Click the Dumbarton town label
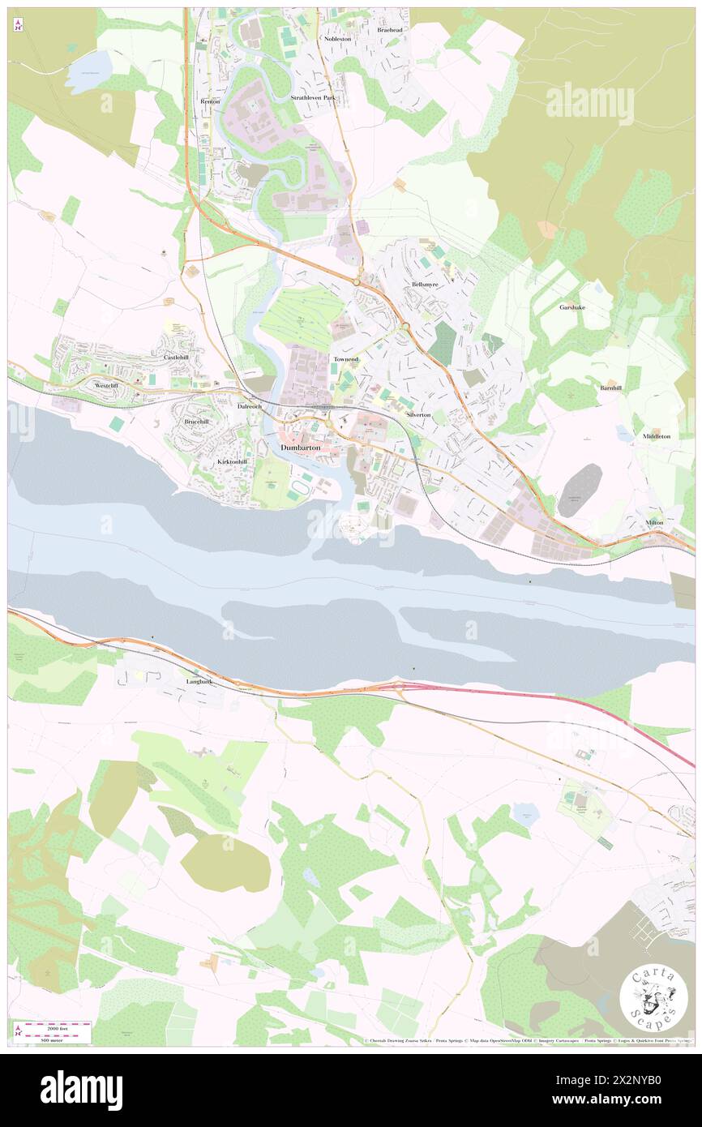pyautogui.click(x=300, y=448)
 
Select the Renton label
pyautogui.click(x=210, y=101)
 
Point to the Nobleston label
pyautogui.click(x=337, y=38)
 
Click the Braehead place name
pyautogui.click(x=390, y=29)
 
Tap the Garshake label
pyautogui.click(x=572, y=307)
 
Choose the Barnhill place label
pyautogui.click(x=611, y=388)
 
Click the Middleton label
pyautogui.click(x=657, y=436)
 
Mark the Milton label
pyautogui.click(x=655, y=522)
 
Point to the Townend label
pyautogui.click(x=346, y=358)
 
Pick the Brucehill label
pyautogui.click(x=196, y=422)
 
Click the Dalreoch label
pyautogui.click(x=249, y=405)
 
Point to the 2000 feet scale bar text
pyautogui.click(x=54, y=1026)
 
